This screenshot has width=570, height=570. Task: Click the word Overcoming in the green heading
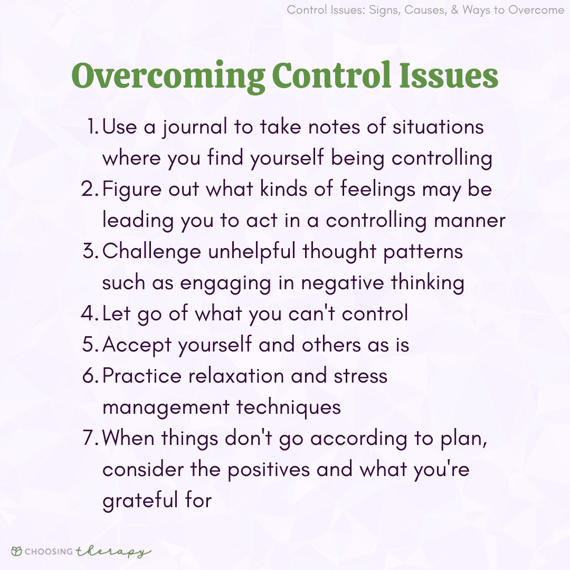tap(168, 77)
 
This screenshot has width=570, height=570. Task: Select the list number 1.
tap(93, 127)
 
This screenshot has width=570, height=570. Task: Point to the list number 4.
tap(90, 313)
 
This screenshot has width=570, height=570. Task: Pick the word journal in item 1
tap(194, 128)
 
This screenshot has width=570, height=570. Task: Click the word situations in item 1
tap(438, 127)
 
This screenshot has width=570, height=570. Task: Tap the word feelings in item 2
tap(378, 190)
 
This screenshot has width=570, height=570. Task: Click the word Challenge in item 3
tap(151, 252)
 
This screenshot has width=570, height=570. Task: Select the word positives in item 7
tap(269, 470)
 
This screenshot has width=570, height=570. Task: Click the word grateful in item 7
tap(140, 501)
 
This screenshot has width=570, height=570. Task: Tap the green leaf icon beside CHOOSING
tap(17, 551)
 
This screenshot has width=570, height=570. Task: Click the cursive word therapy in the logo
tap(113, 552)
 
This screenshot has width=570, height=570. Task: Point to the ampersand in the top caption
tap(455, 10)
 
